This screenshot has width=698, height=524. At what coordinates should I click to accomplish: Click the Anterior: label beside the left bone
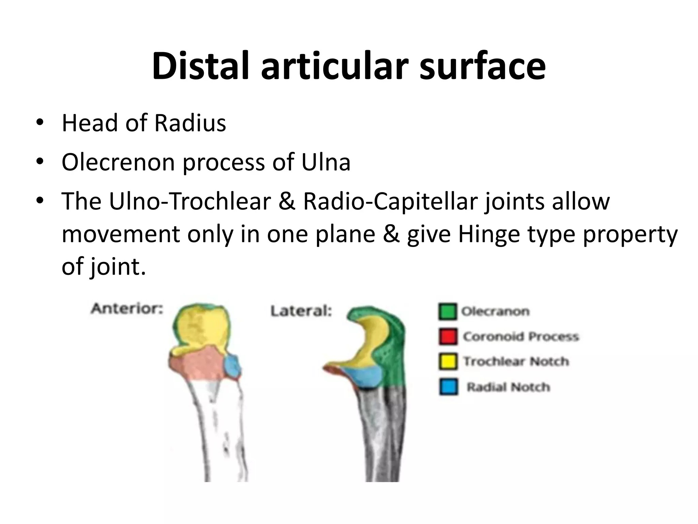[127, 309]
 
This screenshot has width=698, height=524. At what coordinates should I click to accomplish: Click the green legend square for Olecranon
[447, 311]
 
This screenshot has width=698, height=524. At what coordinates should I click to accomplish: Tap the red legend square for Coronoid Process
[447, 337]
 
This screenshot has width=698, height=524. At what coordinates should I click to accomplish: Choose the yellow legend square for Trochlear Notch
[447, 362]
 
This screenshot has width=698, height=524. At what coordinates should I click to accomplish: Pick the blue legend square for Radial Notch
[447, 387]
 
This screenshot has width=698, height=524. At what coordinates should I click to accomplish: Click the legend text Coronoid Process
[521, 337]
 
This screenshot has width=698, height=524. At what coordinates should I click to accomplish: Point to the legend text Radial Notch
[508, 387]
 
